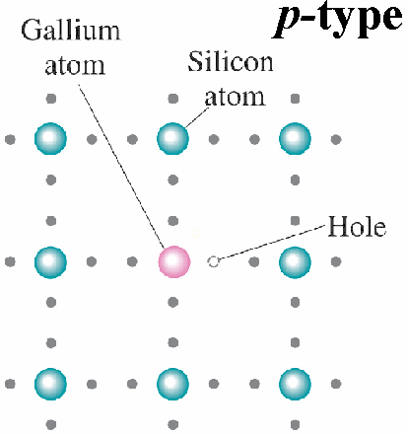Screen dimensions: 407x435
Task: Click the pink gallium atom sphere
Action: pyautogui.click(x=174, y=262)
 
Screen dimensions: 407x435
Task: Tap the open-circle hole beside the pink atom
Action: pyautogui.click(x=214, y=262)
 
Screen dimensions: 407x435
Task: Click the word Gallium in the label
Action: pyautogui.click(x=71, y=31)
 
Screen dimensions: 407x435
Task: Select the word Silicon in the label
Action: pyautogui.click(x=231, y=61)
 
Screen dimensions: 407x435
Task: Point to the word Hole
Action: pyautogui.click(x=357, y=227)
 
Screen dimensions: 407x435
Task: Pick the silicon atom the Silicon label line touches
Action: pyautogui.click(x=172, y=139)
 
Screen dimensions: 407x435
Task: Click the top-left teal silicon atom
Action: pyautogui.click(x=50, y=139)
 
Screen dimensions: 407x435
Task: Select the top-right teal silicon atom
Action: pyautogui.click(x=295, y=139)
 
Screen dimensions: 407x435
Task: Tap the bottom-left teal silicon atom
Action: pyautogui.click(x=50, y=384)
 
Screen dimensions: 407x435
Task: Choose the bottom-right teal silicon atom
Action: pyautogui.click(x=295, y=384)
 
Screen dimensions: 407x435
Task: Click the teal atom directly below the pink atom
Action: pyautogui.click(x=172, y=384)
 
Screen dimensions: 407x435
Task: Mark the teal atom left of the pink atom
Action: pyautogui.click(x=50, y=262)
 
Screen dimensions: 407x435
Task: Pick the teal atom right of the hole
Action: pyautogui.click(x=295, y=262)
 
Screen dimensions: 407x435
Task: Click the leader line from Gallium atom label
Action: pyautogui.click(x=121, y=166)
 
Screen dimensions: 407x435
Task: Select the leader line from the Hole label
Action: pyautogui.click(x=272, y=243)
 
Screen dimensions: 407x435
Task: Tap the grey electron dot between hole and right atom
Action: pyautogui.click(x=254, y=262)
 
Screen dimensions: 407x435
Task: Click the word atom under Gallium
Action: pyautogui.click(x=75, y=66)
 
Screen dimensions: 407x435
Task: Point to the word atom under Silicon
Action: pyautogui.click(x=235, y=97)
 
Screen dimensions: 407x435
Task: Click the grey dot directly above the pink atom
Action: pyautogui.click(x=173, y=221)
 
